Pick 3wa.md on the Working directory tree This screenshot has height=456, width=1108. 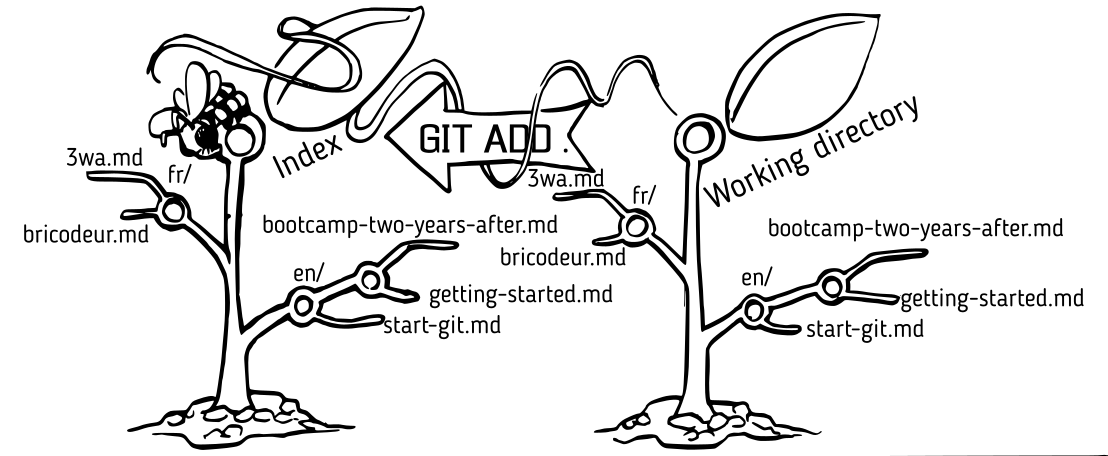[566, 179]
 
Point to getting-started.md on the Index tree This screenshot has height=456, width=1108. [506, 295]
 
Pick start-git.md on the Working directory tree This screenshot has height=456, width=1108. [862, 327]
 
